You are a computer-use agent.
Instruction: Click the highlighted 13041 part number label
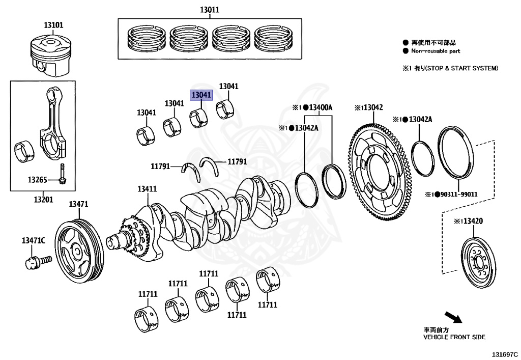200,95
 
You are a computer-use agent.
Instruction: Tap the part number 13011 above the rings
210,10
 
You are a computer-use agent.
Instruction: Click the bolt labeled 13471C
37,261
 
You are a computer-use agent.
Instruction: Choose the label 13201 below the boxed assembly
43,200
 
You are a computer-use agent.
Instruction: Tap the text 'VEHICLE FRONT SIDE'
454,337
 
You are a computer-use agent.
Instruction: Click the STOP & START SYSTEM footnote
450,68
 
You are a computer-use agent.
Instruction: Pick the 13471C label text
33,240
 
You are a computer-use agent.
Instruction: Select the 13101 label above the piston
53,24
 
